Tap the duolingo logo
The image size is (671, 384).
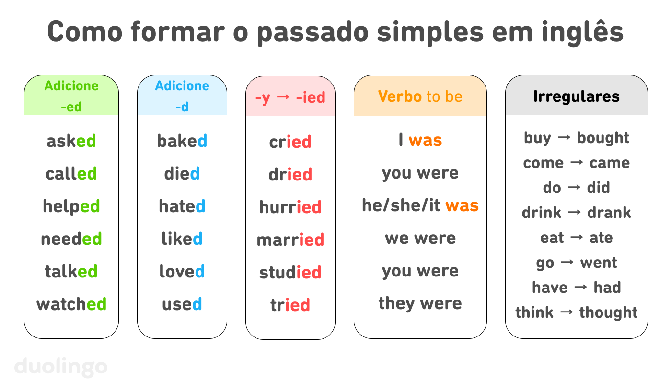61,367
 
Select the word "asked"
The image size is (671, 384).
71,141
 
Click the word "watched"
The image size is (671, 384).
71,304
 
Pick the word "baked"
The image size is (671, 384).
182,141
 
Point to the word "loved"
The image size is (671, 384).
182,272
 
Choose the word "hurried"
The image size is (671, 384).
290,207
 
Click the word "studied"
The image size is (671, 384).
290,273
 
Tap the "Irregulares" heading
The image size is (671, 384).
577,96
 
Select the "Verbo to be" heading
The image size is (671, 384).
420,96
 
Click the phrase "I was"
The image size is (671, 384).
420,140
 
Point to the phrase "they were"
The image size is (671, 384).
420,303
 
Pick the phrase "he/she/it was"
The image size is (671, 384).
420,205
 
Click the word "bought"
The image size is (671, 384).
603,138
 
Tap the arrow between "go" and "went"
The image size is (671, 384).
567,263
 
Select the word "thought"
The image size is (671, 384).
608,312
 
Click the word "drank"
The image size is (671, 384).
609,213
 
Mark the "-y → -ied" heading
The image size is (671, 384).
290,97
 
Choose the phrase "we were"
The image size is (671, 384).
420,238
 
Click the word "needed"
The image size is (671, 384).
71,239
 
